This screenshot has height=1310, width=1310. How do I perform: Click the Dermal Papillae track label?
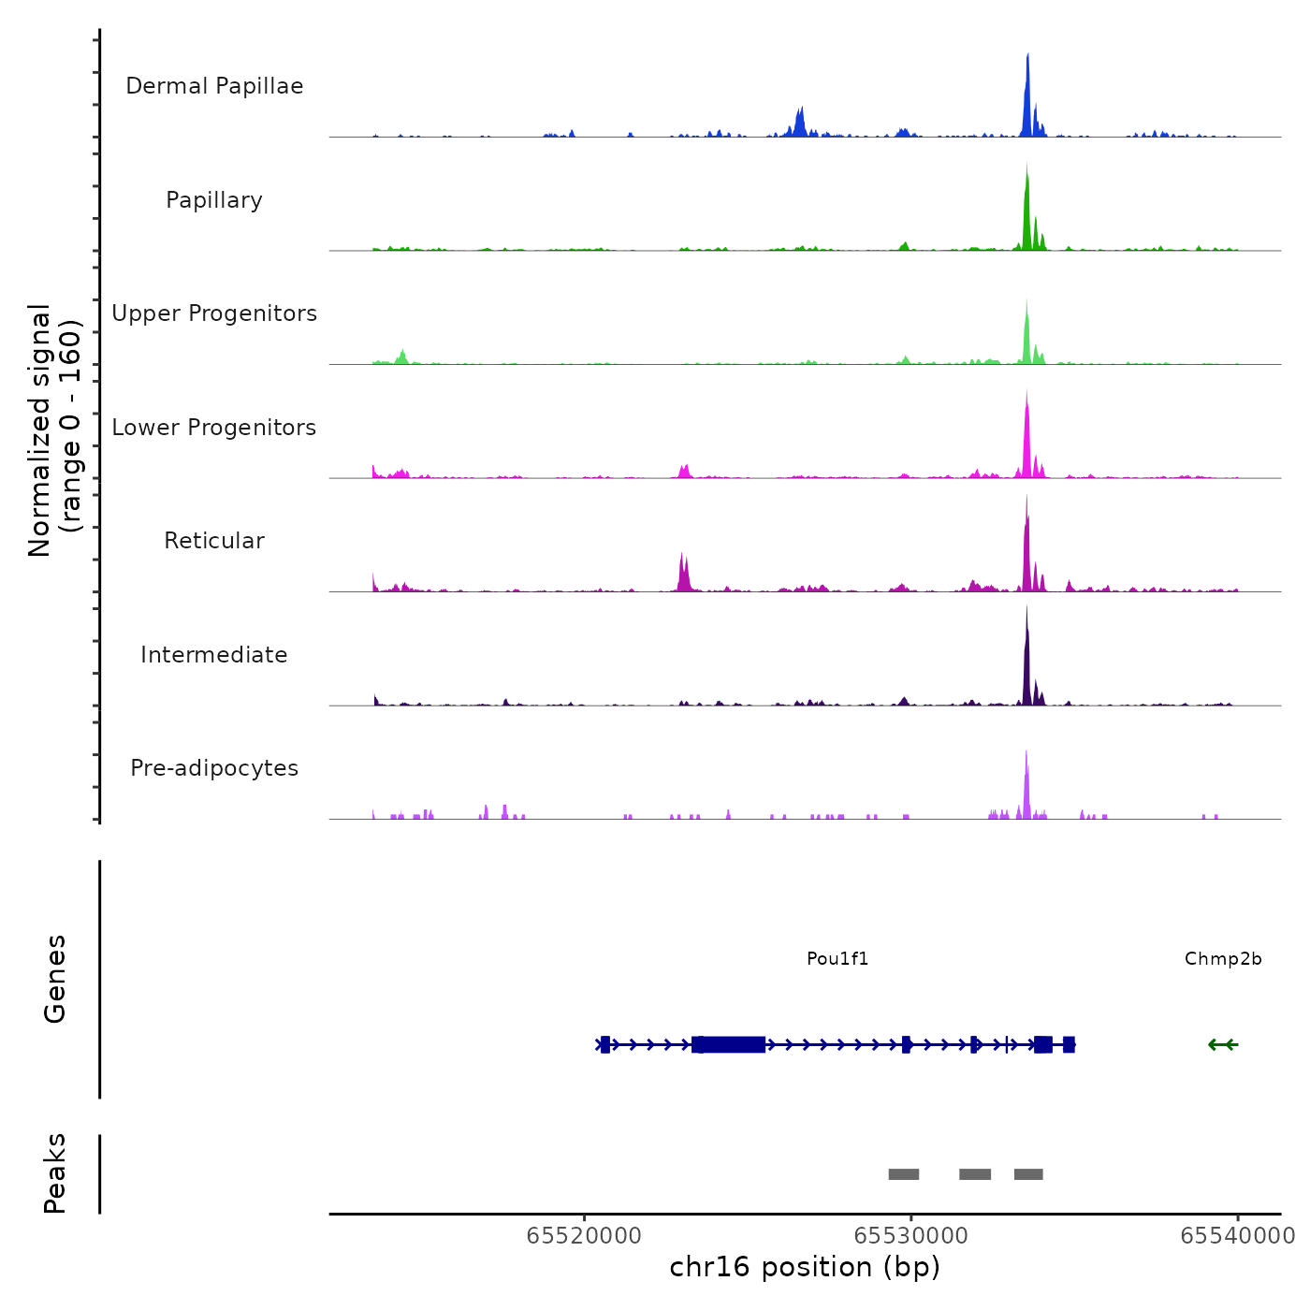tap(214, 86)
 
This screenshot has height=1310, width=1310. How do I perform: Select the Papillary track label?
tap(214, 200)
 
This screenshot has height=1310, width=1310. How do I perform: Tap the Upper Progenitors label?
tap(214, 313)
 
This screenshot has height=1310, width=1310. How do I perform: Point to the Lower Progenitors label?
tap(214, 428)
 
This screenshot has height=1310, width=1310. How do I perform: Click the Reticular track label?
tap(214, 541)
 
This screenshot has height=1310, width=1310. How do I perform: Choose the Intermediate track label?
tap(214, 655)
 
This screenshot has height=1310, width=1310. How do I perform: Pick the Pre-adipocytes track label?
tap(214, 768)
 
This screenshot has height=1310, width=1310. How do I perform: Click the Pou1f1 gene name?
tap(837, 959)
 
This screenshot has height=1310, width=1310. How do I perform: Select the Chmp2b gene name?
tap(1223, 959)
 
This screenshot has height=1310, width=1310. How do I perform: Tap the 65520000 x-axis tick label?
tap(584, 1236)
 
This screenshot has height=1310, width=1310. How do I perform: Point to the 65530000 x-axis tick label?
tap(910, 1236)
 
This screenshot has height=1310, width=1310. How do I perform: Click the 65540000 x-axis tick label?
tap(1237, 1236)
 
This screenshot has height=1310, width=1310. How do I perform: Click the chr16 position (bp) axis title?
tap(805, 1267)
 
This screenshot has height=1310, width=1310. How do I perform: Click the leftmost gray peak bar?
tap(904, 1174)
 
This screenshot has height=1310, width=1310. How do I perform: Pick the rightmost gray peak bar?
tap(1028, 1174)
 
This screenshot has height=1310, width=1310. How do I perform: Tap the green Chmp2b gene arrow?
tap(1223, 1044)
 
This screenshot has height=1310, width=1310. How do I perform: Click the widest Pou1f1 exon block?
tap(729, 1044)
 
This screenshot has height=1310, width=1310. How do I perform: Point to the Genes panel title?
tap(55, 979)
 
